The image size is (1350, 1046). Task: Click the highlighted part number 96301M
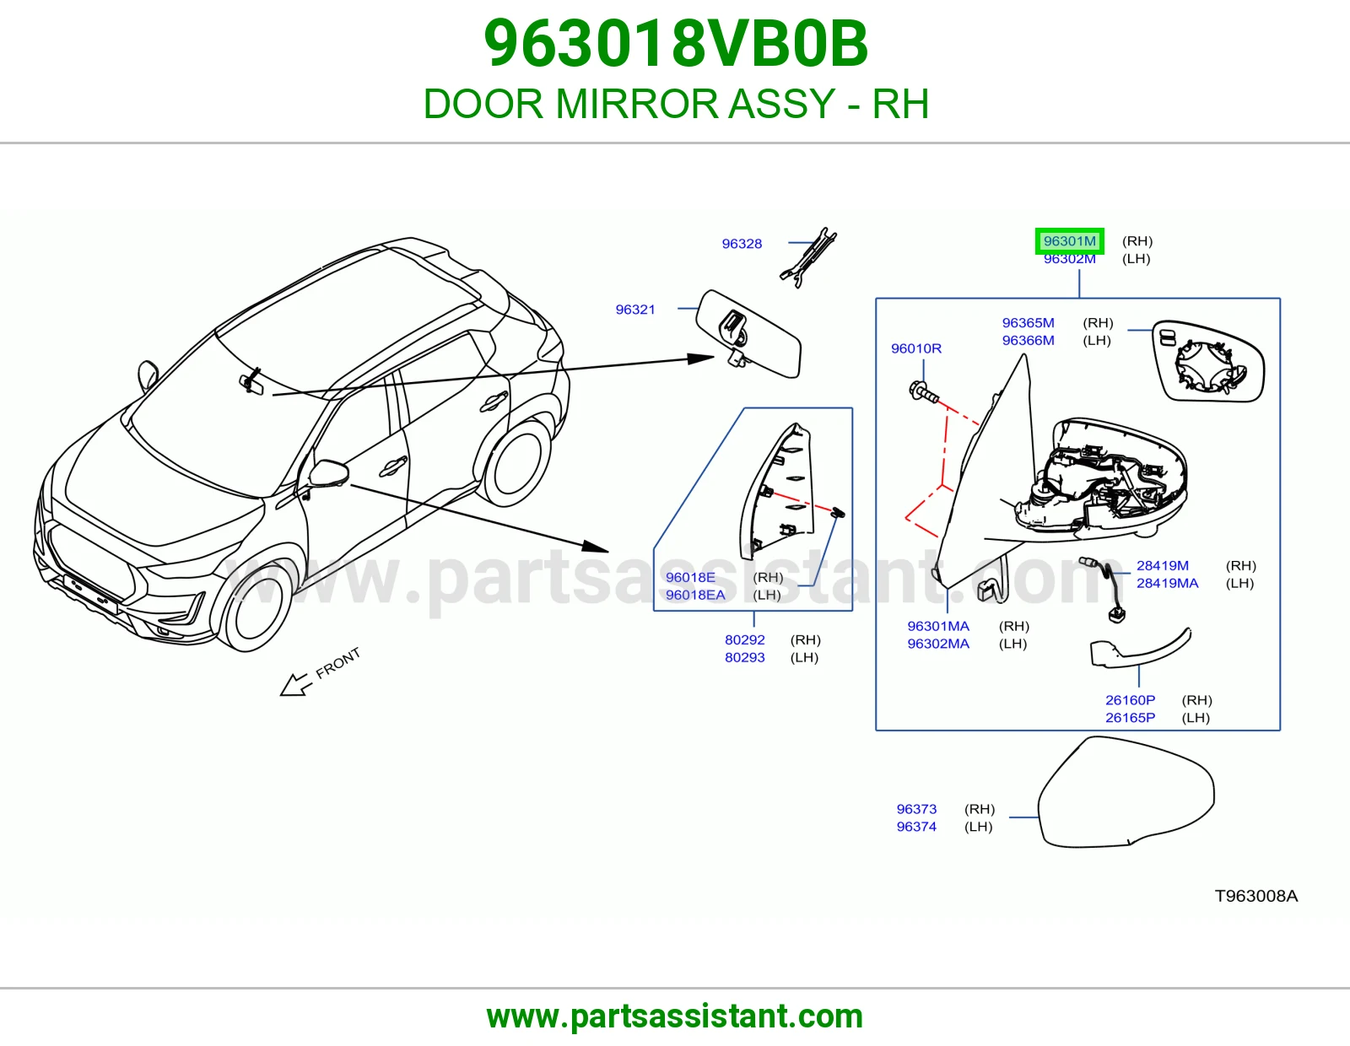pos(1069,241)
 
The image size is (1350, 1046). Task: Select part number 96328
pos(742,244)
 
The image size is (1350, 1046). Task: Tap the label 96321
pos(635,310)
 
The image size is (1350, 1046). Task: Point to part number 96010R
pos(915,348)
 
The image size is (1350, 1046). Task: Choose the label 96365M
pos(1028,323)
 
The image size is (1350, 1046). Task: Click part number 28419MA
pos(1168,583)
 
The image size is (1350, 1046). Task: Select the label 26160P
pos(1130,700)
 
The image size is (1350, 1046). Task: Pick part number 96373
pos(916,809)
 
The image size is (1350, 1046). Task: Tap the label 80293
pos(744,657)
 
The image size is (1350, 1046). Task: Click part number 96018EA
pos(695,595)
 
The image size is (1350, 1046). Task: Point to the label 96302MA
pos(938,644)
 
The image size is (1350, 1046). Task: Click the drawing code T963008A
pos(1256,896)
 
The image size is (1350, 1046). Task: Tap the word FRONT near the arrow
pos(338,663)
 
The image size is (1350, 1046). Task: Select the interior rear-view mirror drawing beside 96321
pos(748,333)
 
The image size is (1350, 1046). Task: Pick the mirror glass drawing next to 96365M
pos(1207,362)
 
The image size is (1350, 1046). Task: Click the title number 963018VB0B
pos(675,44)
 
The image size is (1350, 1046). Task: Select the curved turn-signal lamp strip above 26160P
pos(1141,650)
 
